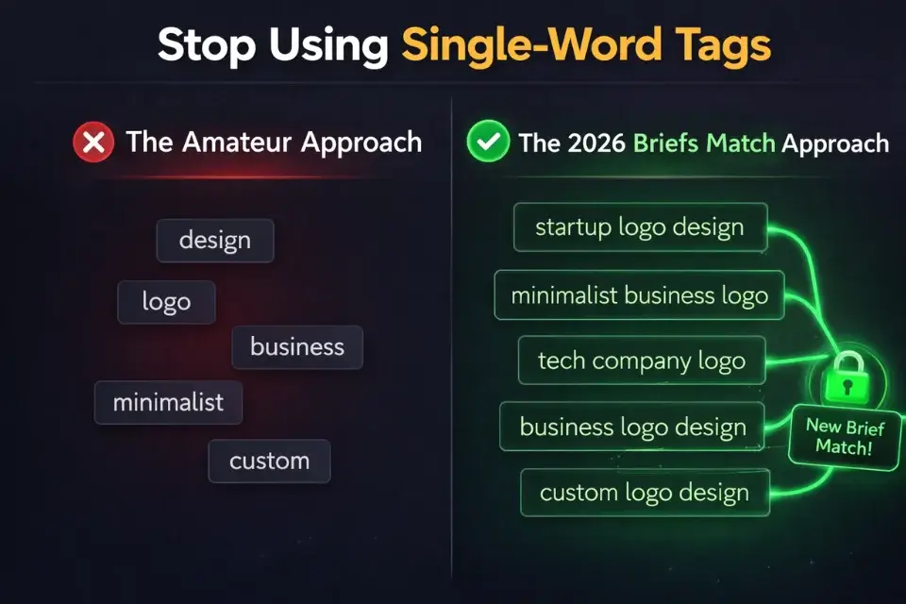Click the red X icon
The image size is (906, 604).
92,143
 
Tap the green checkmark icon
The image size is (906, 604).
487,143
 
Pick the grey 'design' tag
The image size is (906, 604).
214,241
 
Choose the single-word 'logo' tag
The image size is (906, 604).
166,302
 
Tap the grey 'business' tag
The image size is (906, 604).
297,346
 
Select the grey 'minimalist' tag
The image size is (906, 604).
168,403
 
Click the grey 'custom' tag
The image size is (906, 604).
269,461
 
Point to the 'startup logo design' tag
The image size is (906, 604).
639,227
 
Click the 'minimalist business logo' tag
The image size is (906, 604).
639,295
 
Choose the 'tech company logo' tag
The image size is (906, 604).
641,361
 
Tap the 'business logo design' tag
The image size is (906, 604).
633,427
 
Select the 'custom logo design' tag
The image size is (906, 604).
644,493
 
